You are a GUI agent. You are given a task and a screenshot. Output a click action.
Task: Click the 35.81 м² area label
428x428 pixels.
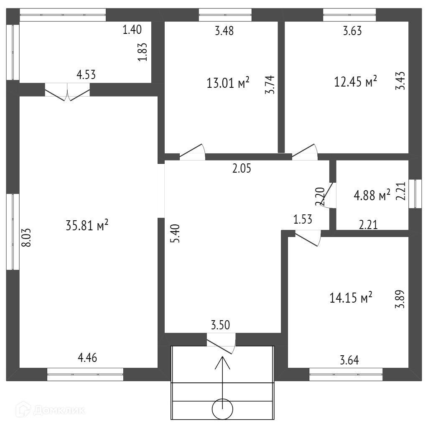pos(87,226)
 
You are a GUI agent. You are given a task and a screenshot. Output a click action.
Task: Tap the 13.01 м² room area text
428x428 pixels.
pos(228,82)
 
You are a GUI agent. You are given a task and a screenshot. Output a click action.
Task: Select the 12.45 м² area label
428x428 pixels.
pos(356,81)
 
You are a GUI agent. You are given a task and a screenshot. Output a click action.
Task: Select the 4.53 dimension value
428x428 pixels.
pos(86,75)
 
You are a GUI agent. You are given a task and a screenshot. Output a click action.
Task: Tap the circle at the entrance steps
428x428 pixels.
pos(222,410)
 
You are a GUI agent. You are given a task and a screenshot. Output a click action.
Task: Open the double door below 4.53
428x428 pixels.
pos(67,92)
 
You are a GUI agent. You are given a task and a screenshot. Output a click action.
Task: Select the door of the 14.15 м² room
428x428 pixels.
pos(308,239)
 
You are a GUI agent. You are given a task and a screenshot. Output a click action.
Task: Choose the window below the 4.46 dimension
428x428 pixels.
pos(85,374)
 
